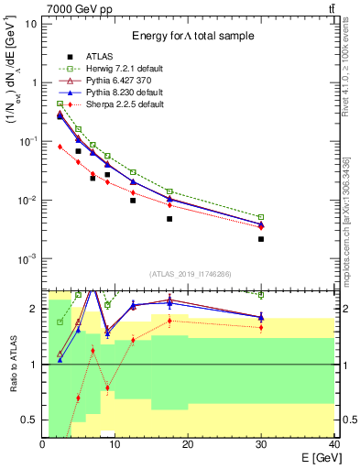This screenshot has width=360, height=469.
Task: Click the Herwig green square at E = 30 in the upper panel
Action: coord(261,217)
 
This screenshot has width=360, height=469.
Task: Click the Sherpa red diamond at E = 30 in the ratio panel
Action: coord(261,327)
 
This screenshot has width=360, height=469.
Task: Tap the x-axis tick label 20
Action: coord(187,444)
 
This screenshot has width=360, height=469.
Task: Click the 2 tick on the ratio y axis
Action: coord(35,309)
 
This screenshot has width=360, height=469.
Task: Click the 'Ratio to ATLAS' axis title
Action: coord(12,365)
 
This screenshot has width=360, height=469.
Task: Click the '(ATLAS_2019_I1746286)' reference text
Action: coord(190,274)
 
